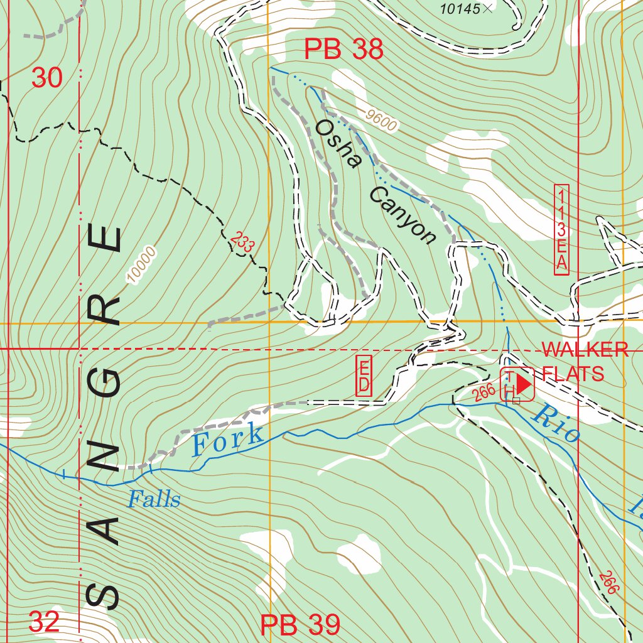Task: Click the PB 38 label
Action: pos(343,50)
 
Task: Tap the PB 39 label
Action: pos(300,625)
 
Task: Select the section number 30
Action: pos(47,78)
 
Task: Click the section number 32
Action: pos(45,622)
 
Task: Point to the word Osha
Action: pos(338,144)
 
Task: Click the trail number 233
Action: pos(241,243)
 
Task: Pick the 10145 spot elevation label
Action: pos(460,8)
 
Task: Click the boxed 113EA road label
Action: pos(561,229)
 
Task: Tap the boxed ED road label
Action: pos(364,376)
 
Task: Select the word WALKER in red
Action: pos(585,350)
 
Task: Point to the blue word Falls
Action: pos(154,500)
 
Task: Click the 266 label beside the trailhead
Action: pos(484,393)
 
